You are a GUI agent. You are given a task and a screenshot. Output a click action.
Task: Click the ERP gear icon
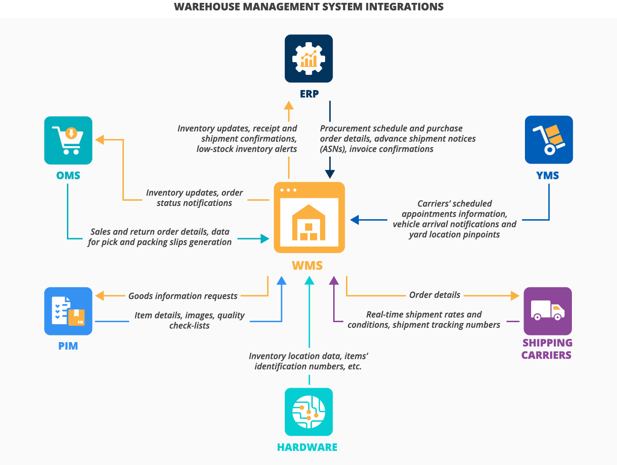tap(308, 58)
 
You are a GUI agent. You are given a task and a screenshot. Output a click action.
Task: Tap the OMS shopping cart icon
tap(68, 140)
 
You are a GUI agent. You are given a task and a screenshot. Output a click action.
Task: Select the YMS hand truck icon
tap(549, 140)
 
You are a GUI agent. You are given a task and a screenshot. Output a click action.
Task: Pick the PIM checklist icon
tap(68, 311)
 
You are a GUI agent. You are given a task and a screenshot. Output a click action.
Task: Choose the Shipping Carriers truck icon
tap(547, 311)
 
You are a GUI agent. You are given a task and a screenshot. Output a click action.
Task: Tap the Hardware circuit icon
tap(308, 412)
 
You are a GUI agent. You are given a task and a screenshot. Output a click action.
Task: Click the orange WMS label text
tap(307, 266)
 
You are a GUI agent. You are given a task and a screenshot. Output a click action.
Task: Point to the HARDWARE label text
tap(307, 447)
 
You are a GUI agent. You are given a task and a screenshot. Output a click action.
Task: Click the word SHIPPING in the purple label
tap(547, 343)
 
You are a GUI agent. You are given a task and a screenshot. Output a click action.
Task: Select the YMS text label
tap(548, 176)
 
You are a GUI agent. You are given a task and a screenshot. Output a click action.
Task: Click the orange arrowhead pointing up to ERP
tap(289, 105)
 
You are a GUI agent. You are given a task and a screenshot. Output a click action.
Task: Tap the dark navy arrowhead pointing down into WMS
tap(330, 174)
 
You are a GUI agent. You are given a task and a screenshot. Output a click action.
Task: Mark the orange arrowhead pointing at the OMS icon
tap(100, 139)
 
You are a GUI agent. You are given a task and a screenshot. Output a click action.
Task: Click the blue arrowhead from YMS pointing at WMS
tap(355, 220)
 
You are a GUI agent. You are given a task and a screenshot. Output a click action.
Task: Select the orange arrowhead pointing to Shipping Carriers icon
tap(515, 296)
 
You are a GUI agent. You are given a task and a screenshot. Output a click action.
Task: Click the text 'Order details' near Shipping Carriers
tap(435, 295)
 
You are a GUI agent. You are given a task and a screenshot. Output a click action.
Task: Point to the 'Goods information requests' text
tap(183, 296)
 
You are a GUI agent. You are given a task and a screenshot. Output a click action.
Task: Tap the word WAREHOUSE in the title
tap(207, 7)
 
